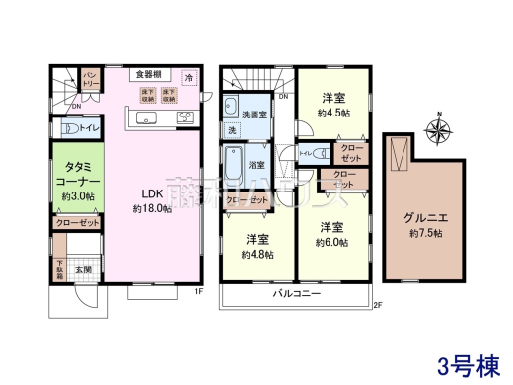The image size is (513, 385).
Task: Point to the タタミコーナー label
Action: coord(74,182)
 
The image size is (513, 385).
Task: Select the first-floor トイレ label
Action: coord(87,127)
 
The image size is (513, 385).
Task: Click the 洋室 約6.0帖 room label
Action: coord(331,233)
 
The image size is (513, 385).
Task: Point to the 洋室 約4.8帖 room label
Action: coord(257,246)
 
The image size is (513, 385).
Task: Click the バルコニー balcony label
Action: coord(297,293)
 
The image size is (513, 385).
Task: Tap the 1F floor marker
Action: coord(197,291)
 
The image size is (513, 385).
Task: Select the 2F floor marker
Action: coord(377,305)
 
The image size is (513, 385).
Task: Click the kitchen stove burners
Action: coord(183,117)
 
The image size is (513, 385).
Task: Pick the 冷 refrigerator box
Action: coord(188,76)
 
